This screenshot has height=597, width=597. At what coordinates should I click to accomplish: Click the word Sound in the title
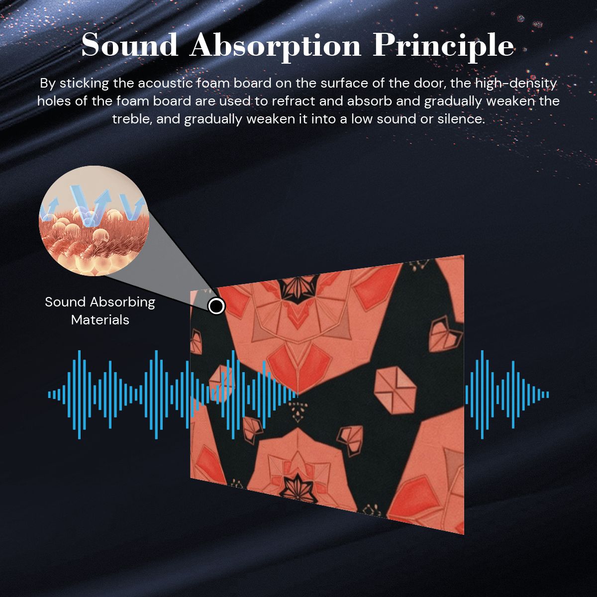pyautogui.click(x=129, y=45)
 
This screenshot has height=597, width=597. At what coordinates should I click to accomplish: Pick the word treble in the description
pyautogui.click(x=131, y=119)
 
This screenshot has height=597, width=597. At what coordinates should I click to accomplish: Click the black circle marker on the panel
pyautogui.click(x=216, y=306)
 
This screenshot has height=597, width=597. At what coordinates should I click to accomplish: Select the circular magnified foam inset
pyautogui.click(x=94, y=220)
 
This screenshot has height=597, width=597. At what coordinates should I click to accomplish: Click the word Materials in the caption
pyautogui.click(x=100, y=320)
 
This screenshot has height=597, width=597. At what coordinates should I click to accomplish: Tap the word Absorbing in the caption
pyautogui.click(x=122, y=302)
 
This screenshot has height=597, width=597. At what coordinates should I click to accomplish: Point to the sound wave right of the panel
pyautogui.click(x=507, y=395)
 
